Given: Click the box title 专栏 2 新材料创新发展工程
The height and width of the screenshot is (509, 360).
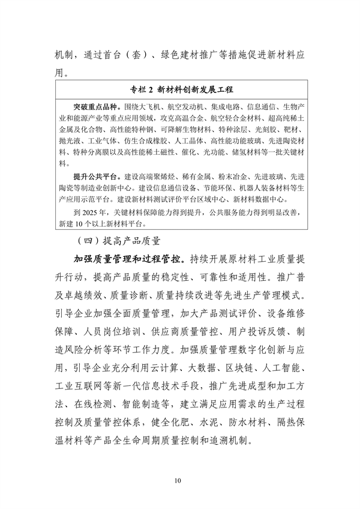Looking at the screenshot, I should [x=181, y=90].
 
